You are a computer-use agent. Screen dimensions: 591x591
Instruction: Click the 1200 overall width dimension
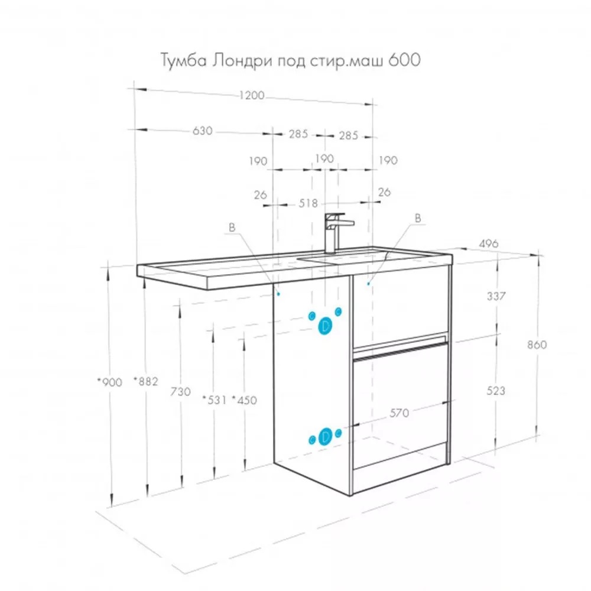252,95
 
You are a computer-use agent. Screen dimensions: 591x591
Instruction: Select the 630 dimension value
202,131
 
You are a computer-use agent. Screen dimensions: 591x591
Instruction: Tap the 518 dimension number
309,203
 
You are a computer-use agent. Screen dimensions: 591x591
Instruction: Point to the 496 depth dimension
489,244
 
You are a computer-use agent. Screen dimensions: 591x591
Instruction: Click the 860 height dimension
537,345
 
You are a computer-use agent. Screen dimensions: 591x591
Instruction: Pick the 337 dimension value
496,296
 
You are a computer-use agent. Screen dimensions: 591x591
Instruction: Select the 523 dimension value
496,391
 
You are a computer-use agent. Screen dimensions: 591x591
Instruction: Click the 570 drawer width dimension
399,413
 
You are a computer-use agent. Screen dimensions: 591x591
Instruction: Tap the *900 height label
110,382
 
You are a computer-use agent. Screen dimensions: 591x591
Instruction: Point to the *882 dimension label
146,381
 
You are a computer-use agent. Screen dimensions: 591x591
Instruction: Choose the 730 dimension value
180,392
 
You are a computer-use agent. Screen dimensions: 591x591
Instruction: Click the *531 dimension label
215,400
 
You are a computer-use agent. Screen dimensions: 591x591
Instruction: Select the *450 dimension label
244,400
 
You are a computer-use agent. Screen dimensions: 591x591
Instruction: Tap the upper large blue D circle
325,326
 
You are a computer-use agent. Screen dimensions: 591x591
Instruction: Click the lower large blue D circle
325,437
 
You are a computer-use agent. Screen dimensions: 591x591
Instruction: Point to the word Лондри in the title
241,60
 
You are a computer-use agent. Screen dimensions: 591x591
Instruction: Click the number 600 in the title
404,60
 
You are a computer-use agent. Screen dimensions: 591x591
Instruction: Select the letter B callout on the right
418,218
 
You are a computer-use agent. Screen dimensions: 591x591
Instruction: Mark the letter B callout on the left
232,228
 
